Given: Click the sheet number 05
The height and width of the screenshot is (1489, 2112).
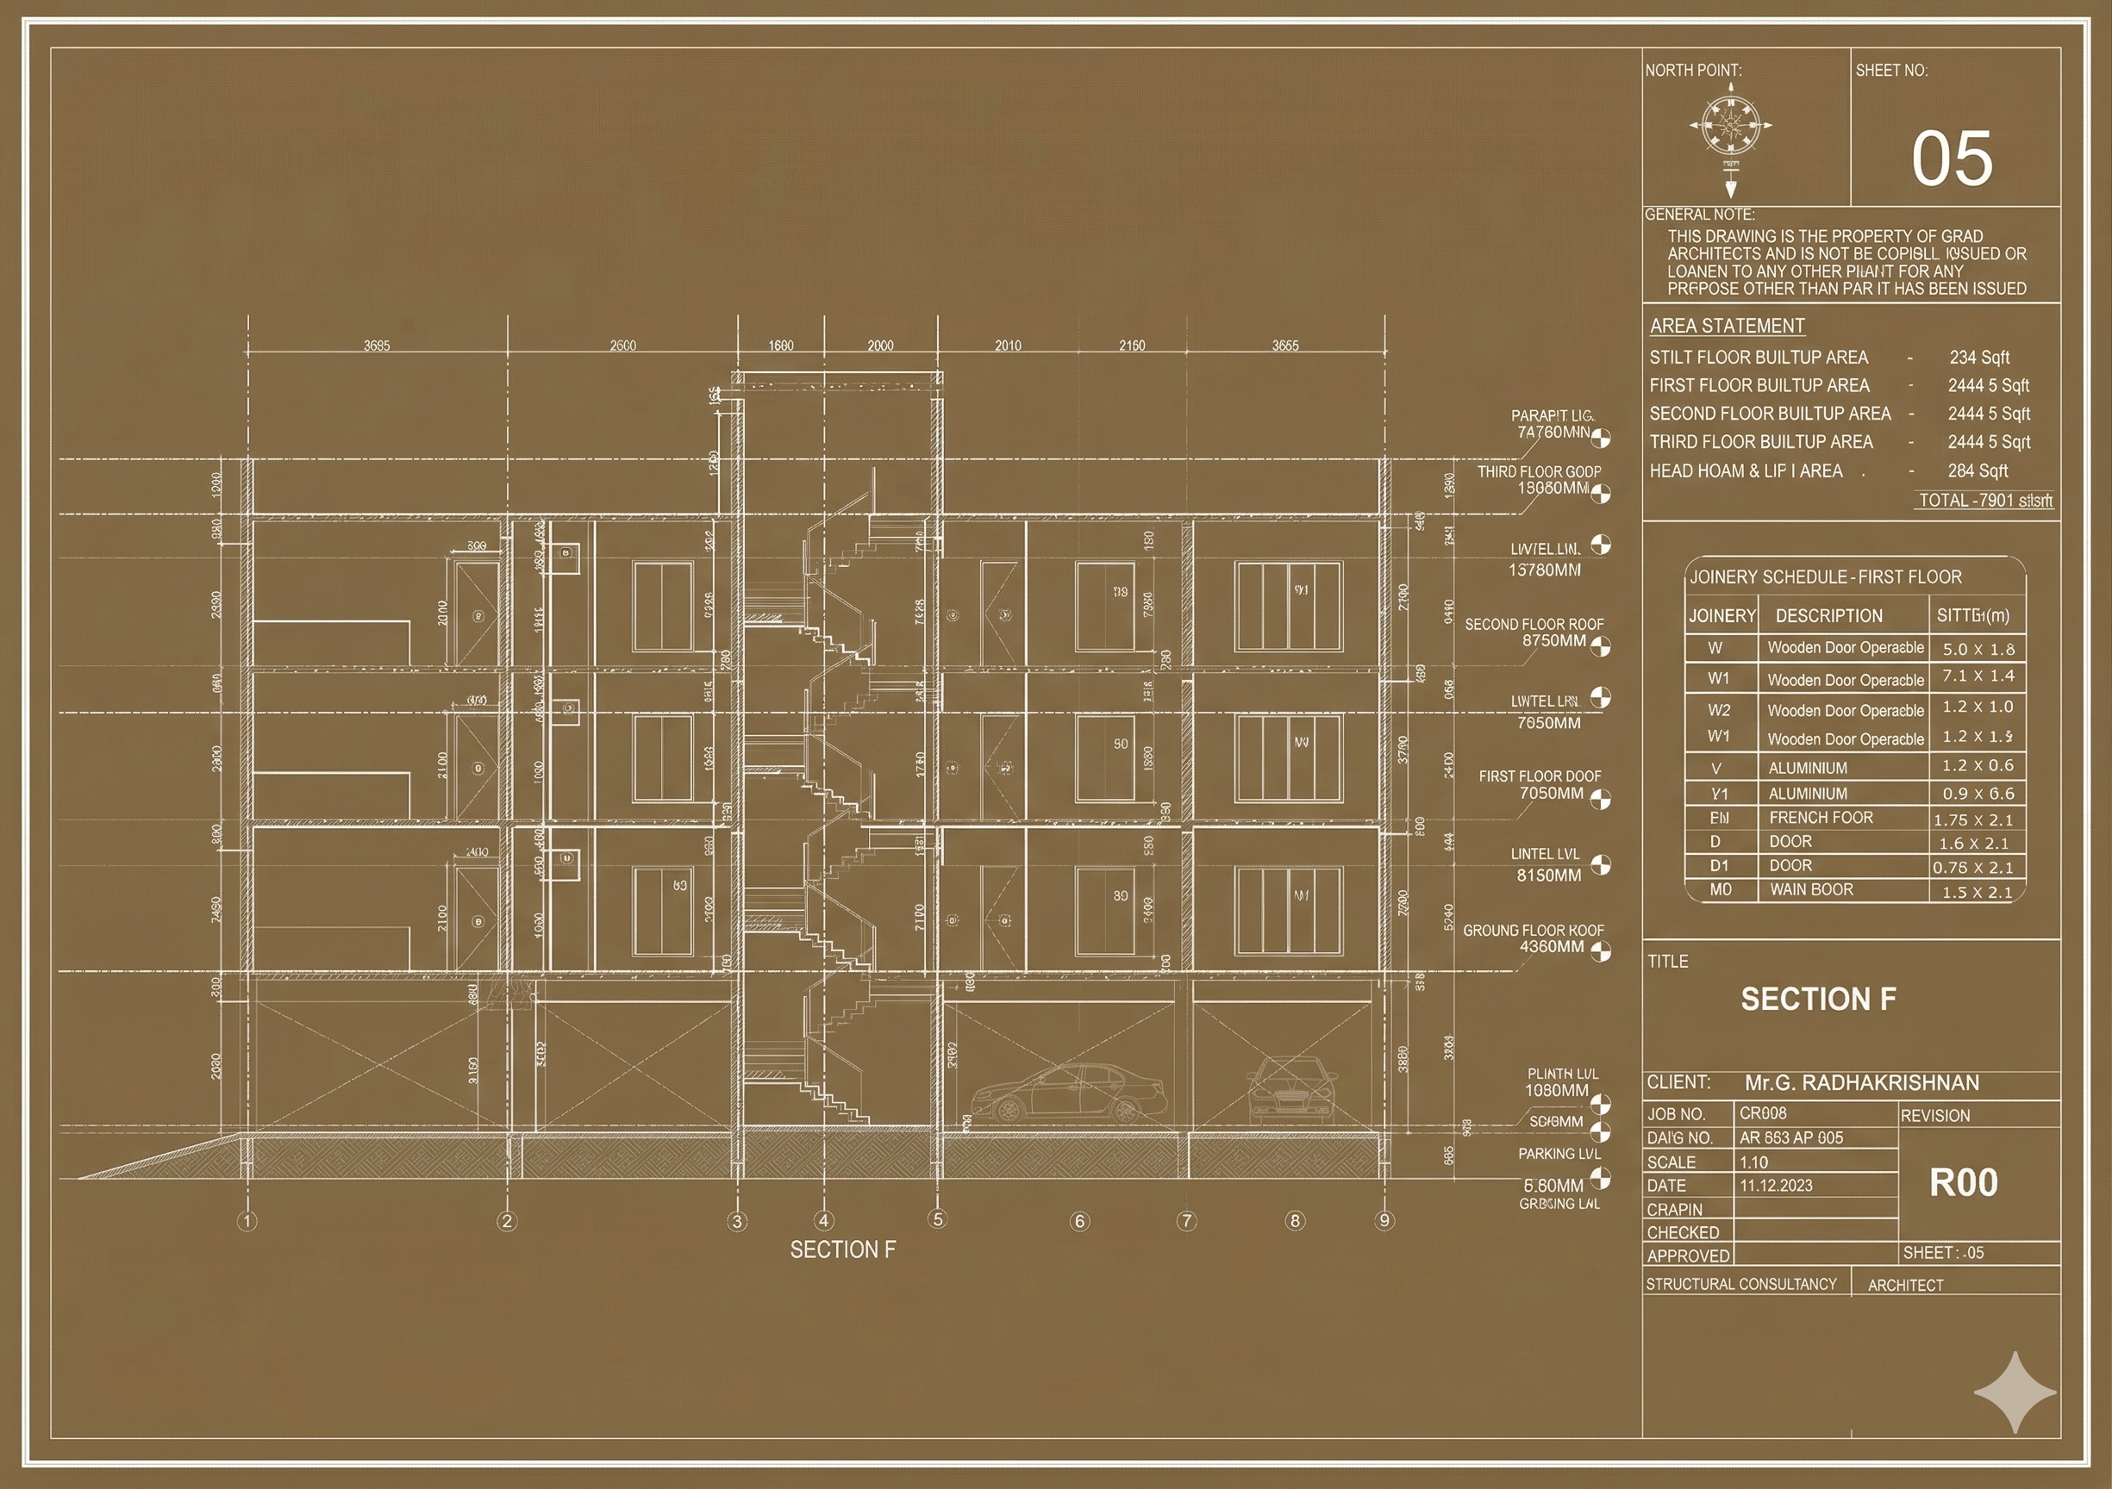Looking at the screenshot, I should pyautogui.click(x=1952, y=159).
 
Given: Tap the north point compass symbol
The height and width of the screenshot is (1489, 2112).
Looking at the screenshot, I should pyautogui.click(x=1730, y=126).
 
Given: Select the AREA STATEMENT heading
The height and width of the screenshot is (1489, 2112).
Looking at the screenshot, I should pyautogui.click(x=1727, y=326).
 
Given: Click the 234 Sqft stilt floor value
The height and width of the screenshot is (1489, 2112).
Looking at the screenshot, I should pyautogui.click(x=1978, y=357).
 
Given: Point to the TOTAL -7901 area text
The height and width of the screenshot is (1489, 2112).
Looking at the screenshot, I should pyautogui.click(x=1984, y=501).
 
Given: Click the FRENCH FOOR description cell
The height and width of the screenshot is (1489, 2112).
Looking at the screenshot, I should pyautogui.click(x=1821, y=818).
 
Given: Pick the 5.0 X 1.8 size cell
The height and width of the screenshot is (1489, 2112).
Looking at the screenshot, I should pyautogui.click(x=1978, y=648).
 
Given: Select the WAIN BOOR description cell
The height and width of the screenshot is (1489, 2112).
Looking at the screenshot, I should pyautogui.click(x=1810, y=889).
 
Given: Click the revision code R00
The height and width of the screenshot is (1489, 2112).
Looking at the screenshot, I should pyautogui.click(x=1963, y=1183).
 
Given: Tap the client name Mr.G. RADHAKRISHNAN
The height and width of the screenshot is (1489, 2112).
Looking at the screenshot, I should pyautogui.click(x=1862, y=1082).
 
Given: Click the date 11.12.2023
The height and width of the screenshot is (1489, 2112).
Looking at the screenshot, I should pyautogui.click(x=1775, y=1186).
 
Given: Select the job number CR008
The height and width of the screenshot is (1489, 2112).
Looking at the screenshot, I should pyautogui.click(x=1763, y=1112).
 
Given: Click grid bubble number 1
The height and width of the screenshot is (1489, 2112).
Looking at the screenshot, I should pyautogui.click(x=247, y=1221).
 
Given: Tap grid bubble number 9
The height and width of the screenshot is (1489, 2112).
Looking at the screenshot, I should pyautogui.click(x=1384, y=1220).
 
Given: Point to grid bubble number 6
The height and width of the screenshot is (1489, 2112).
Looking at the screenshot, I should pyautogui.click(x=1080, y=1221).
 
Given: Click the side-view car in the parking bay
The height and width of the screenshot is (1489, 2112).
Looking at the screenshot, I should pyautogui.click(x=1068, y=1093).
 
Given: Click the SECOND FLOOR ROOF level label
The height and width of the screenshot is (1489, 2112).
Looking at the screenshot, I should pyautogui.click(x=1534, y=625).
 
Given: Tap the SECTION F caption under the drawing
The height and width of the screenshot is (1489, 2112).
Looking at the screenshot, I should pyautogui.click(x=841, y=1249).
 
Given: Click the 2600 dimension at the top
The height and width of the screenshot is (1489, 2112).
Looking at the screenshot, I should pyautogui.click(x=622, y=346).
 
